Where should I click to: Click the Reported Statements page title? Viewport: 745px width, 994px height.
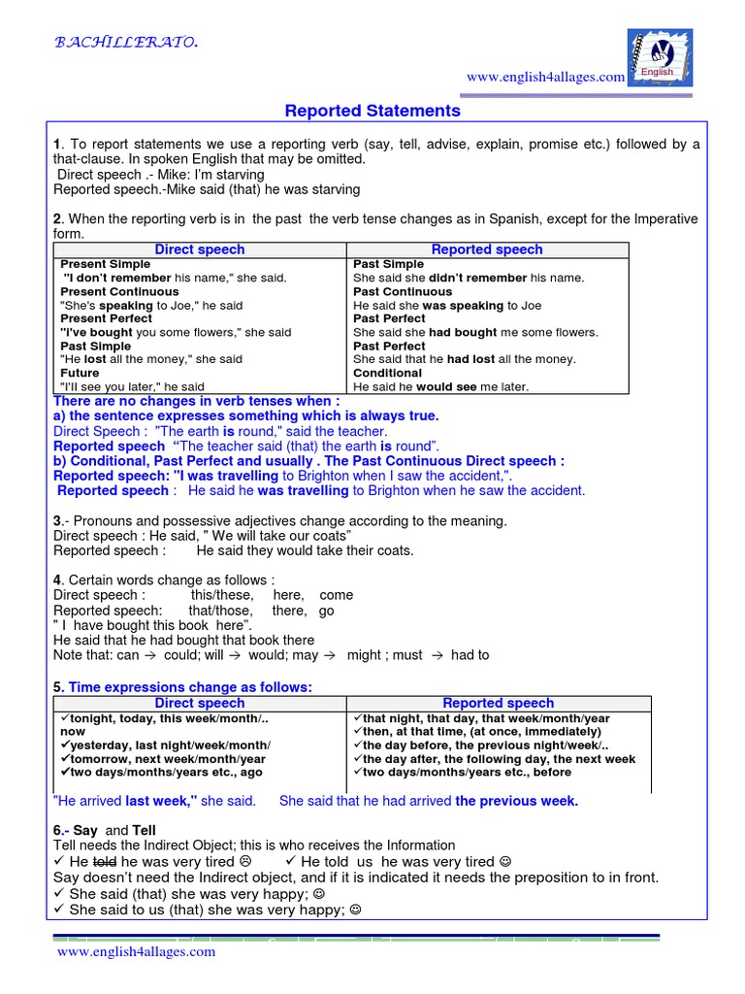[x=372, y=111]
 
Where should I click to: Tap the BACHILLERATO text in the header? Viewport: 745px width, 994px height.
[x=126, y=42]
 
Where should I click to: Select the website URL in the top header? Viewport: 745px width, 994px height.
[x=545, y=78]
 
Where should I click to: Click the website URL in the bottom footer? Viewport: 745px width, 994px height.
[x=136, y=952]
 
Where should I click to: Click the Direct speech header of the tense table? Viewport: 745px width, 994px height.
[x=200, y=249]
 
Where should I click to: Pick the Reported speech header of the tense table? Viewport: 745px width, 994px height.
[x=487, y=249]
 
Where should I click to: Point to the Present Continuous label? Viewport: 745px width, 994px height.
[x=119, y=291]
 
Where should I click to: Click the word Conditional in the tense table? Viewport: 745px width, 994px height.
[x=387, y=373]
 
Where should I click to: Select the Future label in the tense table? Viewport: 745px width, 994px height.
[x=81, y=373]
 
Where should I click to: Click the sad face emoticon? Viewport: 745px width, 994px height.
[x=245, y=862]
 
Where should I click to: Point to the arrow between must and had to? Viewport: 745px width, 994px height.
[x=437, y=655]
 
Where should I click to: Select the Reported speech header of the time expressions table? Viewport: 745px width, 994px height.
[x=498, y=703]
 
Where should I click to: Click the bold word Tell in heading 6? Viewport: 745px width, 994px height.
[x=144, y=831]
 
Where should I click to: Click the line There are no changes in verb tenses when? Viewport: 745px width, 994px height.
[x=196, y=401]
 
